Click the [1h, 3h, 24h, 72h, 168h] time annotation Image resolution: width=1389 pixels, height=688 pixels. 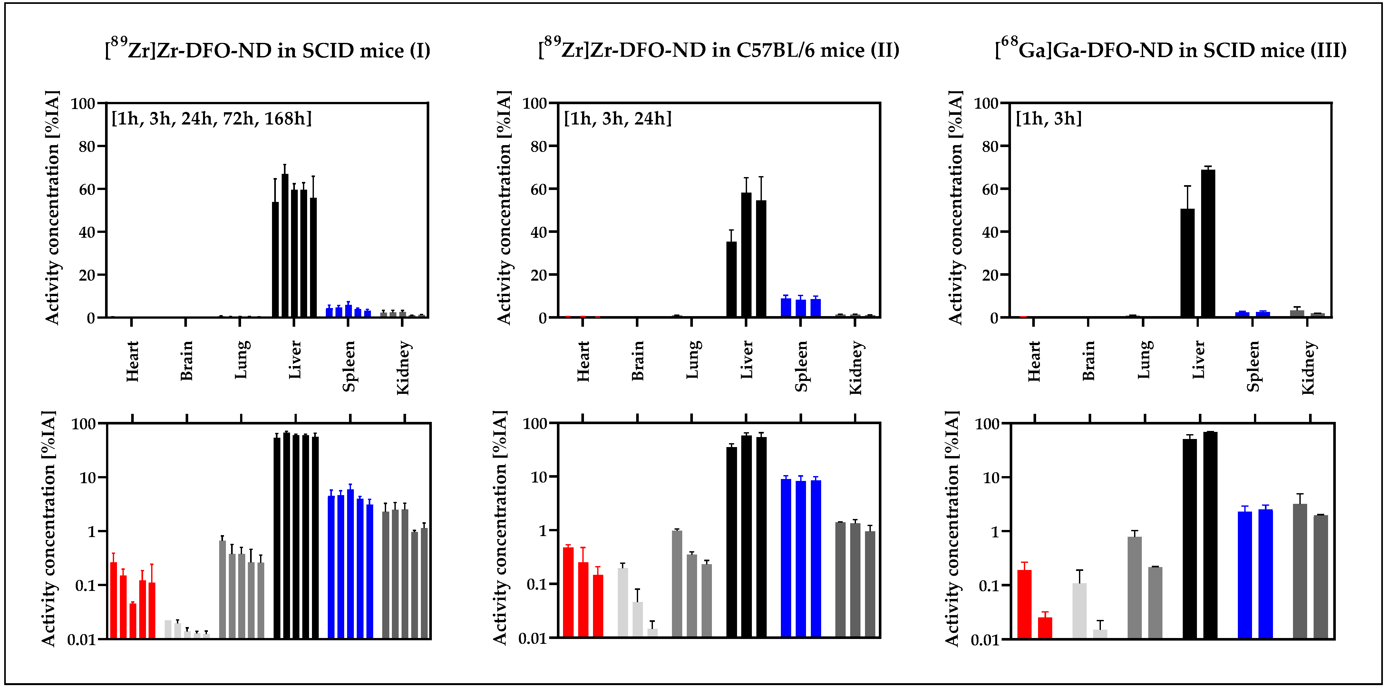(x=211, y=118)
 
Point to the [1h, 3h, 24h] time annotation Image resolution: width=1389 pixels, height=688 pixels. (x=617, y=118)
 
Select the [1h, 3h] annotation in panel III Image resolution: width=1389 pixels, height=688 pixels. (x=1048, y=118)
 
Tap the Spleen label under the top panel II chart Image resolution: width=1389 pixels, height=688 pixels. (x=801, y=366)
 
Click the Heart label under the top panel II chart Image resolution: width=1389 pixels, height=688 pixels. (x=583, y=361)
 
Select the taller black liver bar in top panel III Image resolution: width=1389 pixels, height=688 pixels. (x=1208, y=243)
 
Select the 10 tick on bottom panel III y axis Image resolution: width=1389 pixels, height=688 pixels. (x=991, y=478)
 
